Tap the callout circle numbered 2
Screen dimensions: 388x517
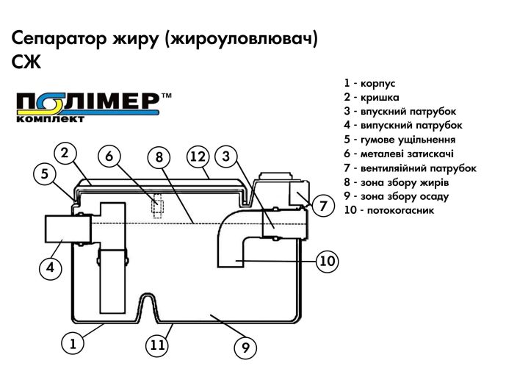pyautogui.click(x=65, y=153)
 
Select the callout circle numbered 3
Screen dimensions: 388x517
pyautogui.click(x=227, y=156)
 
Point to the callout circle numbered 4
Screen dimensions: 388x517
pyautogui.click(x=50, y=268)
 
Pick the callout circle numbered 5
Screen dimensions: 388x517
pyautogui.click(x=45, y=174)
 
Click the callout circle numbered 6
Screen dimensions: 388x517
pyautogui.click(x=109, y=156)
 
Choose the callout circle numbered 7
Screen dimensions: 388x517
pyautogui.click(x=323, y=206)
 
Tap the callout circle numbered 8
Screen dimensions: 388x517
pyautogui.click(x=158, y=157)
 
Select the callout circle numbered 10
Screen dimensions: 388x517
pyautogui.click(x=328, y=260)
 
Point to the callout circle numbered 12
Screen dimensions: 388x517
pyautogui.click(x=198, y=156)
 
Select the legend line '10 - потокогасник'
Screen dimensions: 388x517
pyautogui.click(x=388, y=210)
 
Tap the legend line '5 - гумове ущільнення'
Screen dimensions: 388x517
pyautogui.click(x=399, y=140)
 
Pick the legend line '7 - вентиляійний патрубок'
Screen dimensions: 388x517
pyautogui.click(x=409, y=168)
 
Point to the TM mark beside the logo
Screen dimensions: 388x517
pyautogui.click(x=167, y=96)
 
